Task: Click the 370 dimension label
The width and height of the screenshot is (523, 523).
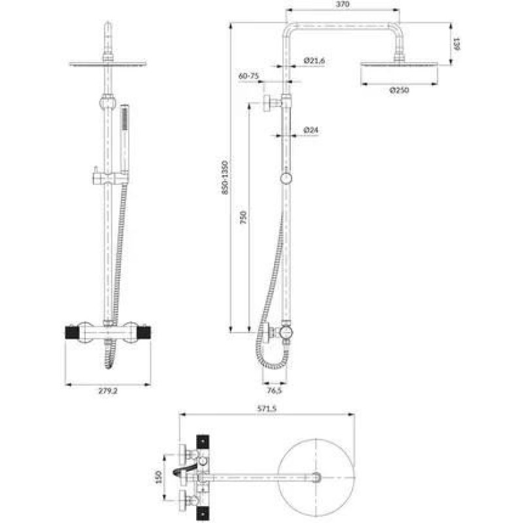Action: pos(343,5)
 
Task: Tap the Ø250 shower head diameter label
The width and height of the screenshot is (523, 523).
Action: pos(399,90)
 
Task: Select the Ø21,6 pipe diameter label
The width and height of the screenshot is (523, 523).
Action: pos(314,61)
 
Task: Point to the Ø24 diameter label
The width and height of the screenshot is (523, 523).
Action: pos(311,130)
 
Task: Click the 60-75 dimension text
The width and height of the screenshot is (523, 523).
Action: pos(248,76)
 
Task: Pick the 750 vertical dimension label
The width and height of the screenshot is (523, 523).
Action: pos(243,217)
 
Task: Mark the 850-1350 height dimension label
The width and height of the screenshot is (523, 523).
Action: pos(225,177)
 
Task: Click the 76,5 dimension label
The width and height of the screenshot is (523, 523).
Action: pos(274,390)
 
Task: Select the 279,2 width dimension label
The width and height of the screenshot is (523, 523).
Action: pos(108,391)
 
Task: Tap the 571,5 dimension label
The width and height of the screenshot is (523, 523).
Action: pos(267,409)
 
